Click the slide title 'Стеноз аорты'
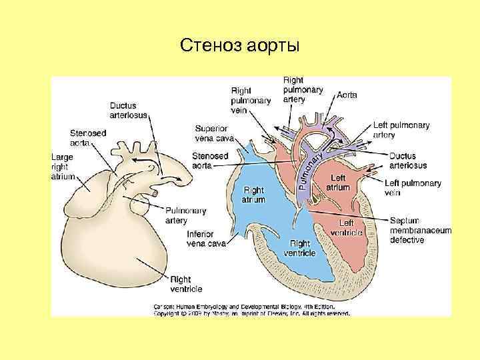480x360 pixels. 240,47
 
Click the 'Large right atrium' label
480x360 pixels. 63,167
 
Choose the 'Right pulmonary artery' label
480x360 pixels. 303,89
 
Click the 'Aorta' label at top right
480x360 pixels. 347,95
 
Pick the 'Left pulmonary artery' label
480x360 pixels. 401,130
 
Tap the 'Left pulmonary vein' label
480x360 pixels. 413,188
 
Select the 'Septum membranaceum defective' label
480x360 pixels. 420,229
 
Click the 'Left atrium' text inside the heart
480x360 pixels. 338,183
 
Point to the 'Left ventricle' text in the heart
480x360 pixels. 350,227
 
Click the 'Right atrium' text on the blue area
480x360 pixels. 253,195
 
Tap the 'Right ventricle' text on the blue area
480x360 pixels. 299,248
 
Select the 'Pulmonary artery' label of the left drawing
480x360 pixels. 185,215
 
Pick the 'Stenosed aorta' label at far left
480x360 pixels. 87,137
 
